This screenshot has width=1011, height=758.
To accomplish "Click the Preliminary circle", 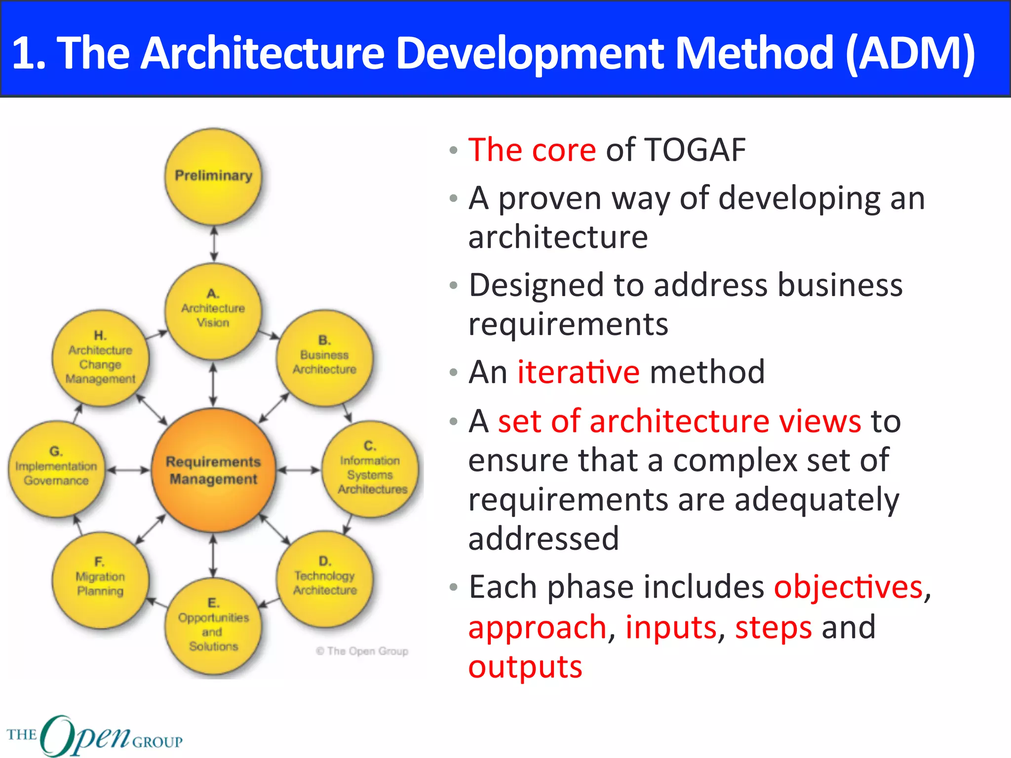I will pyautogui.click(x=213, y=176).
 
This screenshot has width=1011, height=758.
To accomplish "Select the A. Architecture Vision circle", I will pyautogui.click(x=213, y=311).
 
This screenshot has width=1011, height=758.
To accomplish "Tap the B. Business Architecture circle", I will pyautogui.click(x=324, y=358).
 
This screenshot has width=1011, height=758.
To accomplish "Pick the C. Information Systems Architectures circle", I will pyautogui.click(x=370, y=469).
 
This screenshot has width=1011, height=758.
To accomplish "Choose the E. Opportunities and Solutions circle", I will pyautogui.click(x=213, y=626).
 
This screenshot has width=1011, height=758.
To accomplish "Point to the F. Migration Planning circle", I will pyautogui.click(x=100, y=579).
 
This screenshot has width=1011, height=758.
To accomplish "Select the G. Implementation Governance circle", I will pyautogui.click(x=56, y=469).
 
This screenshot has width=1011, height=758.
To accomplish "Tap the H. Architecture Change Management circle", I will pyautogui.click(x=100, y=358).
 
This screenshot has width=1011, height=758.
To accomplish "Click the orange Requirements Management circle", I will pyautogui.click(x=213, y=470).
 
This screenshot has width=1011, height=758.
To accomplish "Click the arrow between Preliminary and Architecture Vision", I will pyautogui.click(x=213, y=244).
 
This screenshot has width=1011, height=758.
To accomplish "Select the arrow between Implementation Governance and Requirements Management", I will pyautogui.click(x=128, y=470).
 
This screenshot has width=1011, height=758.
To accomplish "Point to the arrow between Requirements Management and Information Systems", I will pyautogui.click(x=298, y=470).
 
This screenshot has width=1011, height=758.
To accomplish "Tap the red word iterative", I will pyautogui.click(x=578, y=372).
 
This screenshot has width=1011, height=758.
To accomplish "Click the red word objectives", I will pyautogui.click(x=848, y=587).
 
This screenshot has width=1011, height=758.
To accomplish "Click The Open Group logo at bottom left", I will pyautogui.click(x=94, y=735).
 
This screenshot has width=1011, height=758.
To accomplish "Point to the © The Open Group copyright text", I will pyautogui.click(x=362, y=651).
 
